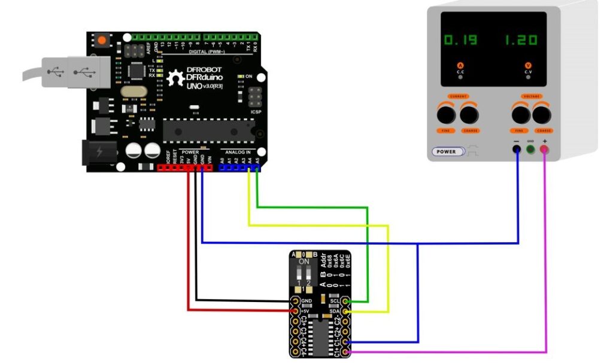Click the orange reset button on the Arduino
tap(102, 41)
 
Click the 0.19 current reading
tap(460, 41)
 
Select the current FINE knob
tap(445, 114)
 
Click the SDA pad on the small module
tap(346, 311)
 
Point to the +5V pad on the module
tap(295, 311)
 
